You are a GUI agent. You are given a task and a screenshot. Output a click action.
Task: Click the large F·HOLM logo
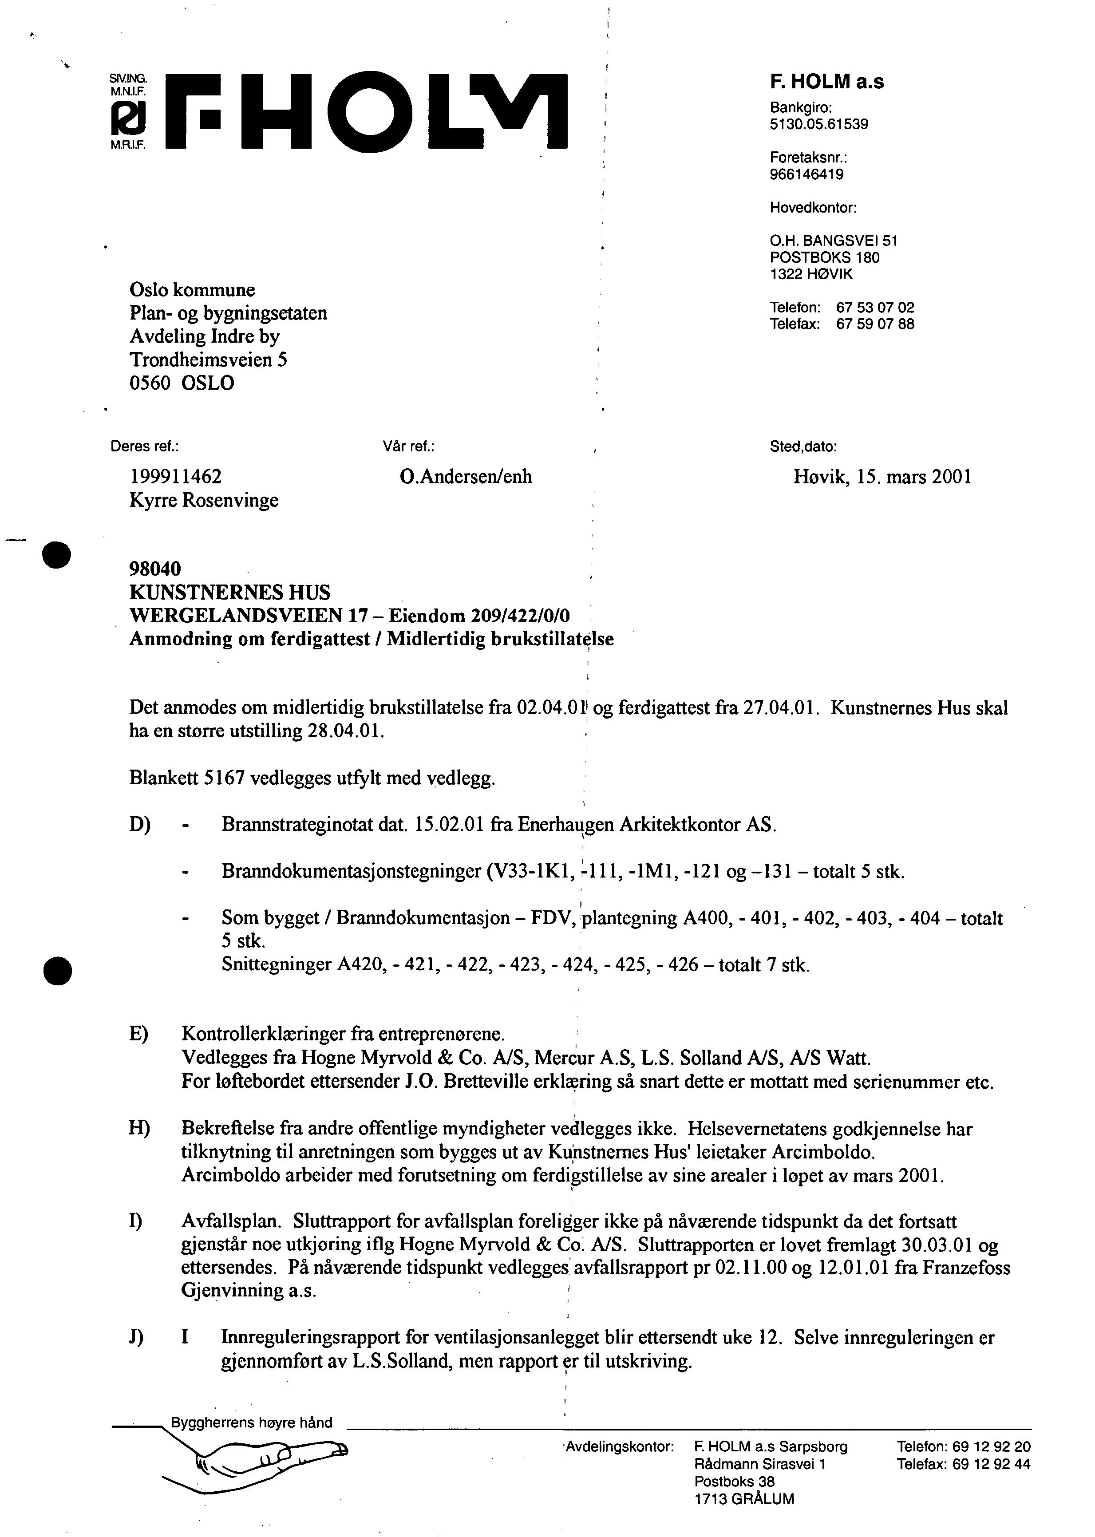click(368, 110)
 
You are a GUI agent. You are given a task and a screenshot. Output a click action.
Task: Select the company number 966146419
click(806, 174)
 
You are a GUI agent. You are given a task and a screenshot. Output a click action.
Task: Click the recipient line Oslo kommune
click(192, 290)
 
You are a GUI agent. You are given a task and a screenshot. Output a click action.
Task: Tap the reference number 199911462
click(175, 477)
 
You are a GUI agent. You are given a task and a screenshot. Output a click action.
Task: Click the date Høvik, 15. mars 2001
click(882, 477)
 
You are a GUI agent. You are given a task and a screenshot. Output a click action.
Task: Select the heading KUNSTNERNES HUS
click(230, 593)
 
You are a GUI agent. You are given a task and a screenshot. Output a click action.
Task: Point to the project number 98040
click(155, 569)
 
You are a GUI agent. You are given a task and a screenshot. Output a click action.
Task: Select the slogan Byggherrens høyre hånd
click(252, 1422)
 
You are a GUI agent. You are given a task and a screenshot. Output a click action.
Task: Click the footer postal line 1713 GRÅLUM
click(744, 1499)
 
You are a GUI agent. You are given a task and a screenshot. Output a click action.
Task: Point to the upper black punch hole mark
click(57, 555)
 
